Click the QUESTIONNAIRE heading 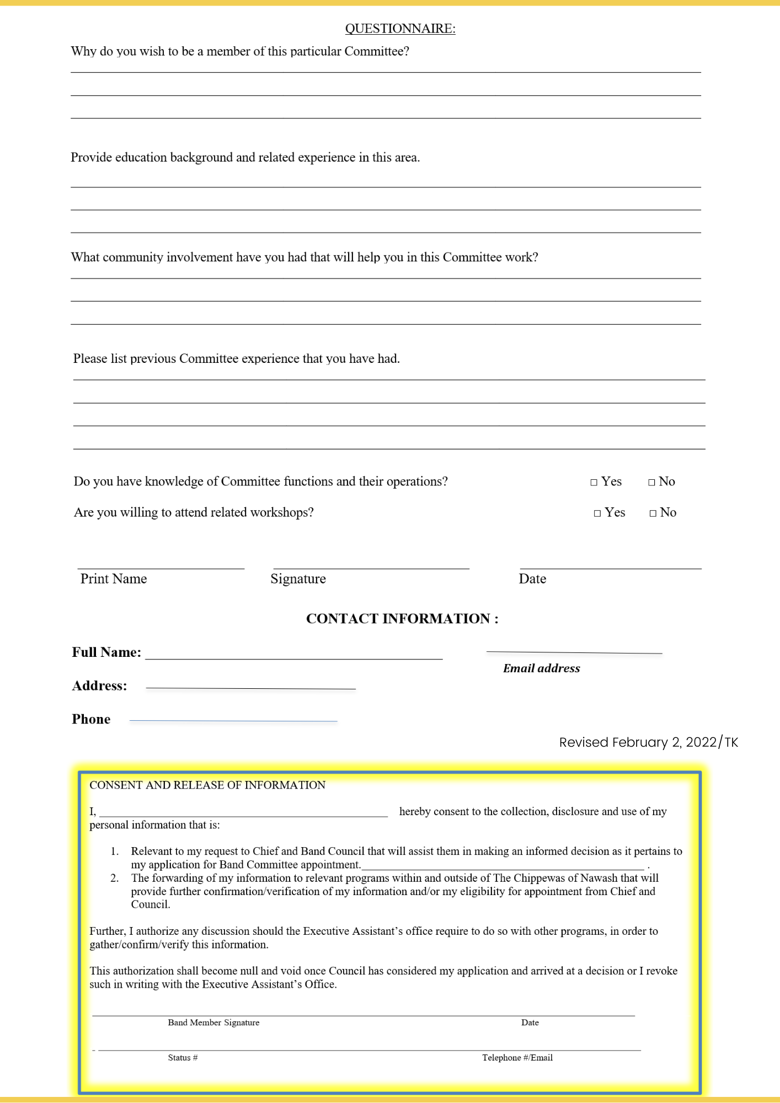pyautogui.click(x=400, y=29)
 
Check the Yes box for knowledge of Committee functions pyautogui.click(x=594, y=483)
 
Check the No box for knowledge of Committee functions pyautogui.click(x=651, y=483)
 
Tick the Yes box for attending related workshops pyautogui.click(x=597, y=513)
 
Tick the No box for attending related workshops pyautogui.click(x=653, y=513)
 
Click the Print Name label pyautogui.click(x=114, y=579)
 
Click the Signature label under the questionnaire pyautogui.click(x=298, y=579)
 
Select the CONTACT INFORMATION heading pyautogui.click(x=402, y=619)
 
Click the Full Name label pyautogui.click(x=106, y=652)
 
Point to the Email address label pyautogui.click(x=541, y=668)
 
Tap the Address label pyautogui.click(x=99, y=686)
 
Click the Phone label pyautogui.click(x=91, y=719)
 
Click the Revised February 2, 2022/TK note pyautogui.click(x=648, y=742)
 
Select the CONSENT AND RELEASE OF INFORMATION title pyautogui.click(x=207, y=785)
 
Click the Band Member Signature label pyautogui.click(x=213, y=1022)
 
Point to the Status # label pyautogui.click(x=183, y=1058)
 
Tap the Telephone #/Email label pyautogui.click(x=517, y=1058)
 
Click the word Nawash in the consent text pyautogui.click(x=600, y=878)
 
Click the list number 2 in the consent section pyautogui.click(x=114, y=878)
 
